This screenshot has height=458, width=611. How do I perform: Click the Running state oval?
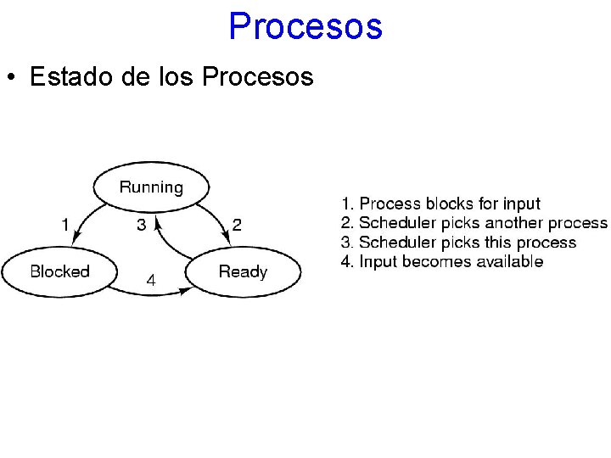151,187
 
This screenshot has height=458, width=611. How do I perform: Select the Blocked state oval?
59,271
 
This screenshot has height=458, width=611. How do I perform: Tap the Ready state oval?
243,271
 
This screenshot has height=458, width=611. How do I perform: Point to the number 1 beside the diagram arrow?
65,225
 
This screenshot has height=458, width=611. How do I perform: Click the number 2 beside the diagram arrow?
237,225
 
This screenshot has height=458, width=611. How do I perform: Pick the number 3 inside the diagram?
142,225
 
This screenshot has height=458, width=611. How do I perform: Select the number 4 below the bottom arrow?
150,280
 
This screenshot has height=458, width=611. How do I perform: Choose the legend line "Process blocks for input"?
440,204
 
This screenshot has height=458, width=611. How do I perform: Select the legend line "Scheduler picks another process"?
474,223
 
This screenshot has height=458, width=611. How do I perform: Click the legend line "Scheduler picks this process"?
458,243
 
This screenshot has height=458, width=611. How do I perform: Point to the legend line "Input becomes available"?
442,261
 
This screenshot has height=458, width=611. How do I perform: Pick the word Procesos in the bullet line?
259,77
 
